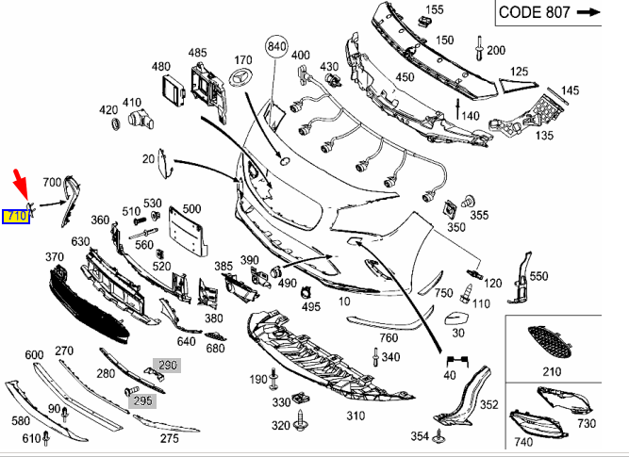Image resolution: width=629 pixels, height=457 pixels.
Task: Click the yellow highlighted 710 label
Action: pyautogui.click(x=16, y=217)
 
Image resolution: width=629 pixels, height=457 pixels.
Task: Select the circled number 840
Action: pyautogui.click(x=275, y=47)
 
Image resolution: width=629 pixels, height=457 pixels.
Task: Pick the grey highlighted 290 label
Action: pyautogui.click(x=167, y=365)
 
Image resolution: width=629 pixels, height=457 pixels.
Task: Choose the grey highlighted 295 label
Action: pyautogui.click(x=142, y=400)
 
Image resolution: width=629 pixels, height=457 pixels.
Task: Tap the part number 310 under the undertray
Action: pyautogui.click(x=356, y=416)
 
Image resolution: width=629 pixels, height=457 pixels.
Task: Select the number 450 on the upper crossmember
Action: pyautogui.click(x=405, y=77)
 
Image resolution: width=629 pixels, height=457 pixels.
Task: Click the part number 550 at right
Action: pyautogui.click(x=538, y=276)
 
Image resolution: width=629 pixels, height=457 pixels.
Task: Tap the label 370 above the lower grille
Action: pyautogui.click(x=54, y=256)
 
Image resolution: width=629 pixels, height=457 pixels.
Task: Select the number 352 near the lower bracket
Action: pyautogui.click(x=488, y=405)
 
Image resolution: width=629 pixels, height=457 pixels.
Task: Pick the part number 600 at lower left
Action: pyautogui.click(x=34, y=354)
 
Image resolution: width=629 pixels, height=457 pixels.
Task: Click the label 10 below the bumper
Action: pyautogui.click(x=344, y=301)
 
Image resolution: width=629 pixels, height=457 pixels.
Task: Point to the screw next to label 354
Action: pyautogui.click(x=439, y=436)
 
